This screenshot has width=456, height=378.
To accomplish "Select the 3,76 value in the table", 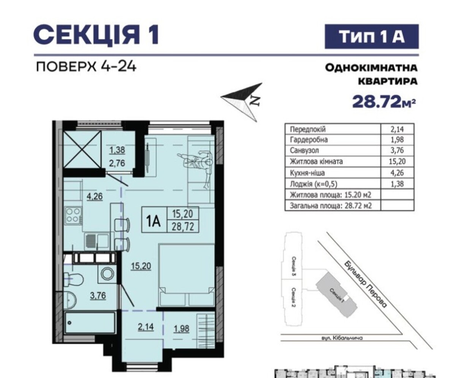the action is tap(397, 150).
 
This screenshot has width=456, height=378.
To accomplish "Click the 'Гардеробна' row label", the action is tap(309, 140).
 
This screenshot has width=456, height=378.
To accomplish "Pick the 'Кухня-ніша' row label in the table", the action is tap(307, 173).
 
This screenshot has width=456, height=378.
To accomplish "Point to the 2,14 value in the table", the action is tap(397, 129).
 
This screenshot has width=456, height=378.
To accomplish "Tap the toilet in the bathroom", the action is tap(73, 279).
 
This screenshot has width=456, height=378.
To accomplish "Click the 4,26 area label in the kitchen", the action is tap(95, 196).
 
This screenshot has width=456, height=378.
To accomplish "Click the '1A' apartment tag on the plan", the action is tap(154, 222).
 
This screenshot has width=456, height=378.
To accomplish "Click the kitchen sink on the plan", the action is tap(97, 241).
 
